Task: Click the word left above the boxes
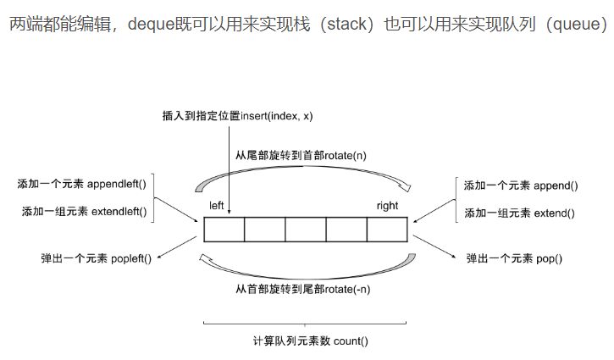[x=218, y=206]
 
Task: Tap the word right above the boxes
[x=387, y=206]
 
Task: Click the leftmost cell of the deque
[x=224, y=230]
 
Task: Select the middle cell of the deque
[x=306, y=230]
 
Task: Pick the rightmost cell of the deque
[x=387, y=230]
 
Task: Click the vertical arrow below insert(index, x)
[x=230, y=169]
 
